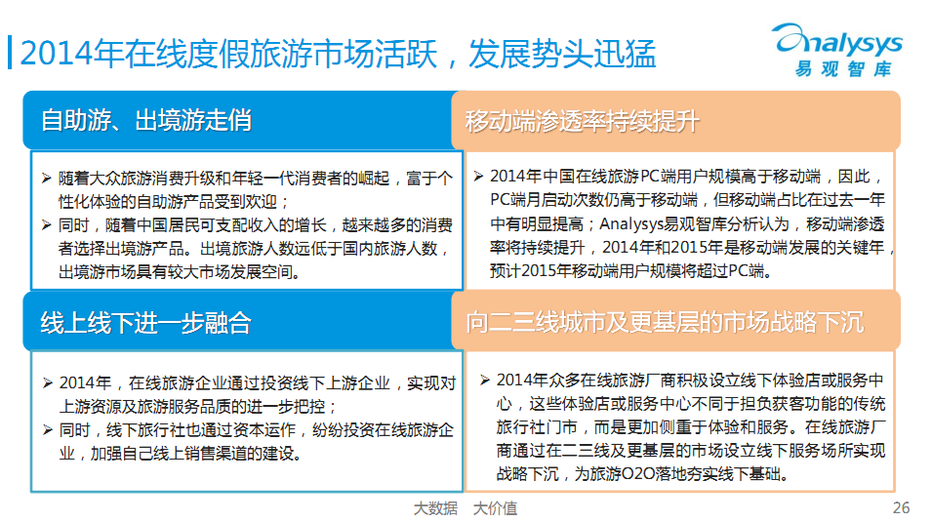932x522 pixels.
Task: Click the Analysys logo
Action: pyautogui.click(x=839, y=50)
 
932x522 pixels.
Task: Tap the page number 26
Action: pyautogui.click(x=901, y=507)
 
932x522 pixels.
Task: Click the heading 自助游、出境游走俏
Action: pyautogui.click(x=146, y=120)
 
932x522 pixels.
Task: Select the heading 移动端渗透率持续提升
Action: pyautogui.click(x=582, y=121)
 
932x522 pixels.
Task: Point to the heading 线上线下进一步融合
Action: pyautogui.click(x=146, y=323)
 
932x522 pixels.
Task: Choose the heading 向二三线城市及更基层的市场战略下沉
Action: pyautogui.click(x=665, y=322)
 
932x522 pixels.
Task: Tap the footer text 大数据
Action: pyautogui.click(x=435, y=508)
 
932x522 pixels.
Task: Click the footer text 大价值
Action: pyautogui.click(x=495, y=508)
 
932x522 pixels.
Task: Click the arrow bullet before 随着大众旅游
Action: pyautogui.click(x=47, y=178)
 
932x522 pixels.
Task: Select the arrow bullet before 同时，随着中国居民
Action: pyautogui.click(x=47, y=224)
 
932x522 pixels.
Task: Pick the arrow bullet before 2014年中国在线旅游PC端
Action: pyautogui.click(x=478, y=176)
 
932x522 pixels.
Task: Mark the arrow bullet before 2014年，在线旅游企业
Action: pyautogui.click(x=48, y=382)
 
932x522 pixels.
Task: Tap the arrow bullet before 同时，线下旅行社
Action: pyautogui.click(x=48, y=430)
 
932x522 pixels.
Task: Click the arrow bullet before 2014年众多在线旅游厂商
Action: pyautogui.click(x=485, y=380)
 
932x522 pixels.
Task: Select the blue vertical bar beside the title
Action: pyautogui.click(x=10, y=53)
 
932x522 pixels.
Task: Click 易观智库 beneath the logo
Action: pyautogui.click(x=843, y=69)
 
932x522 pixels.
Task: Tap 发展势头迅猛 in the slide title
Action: pyautogui.click(x=562, y=54)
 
